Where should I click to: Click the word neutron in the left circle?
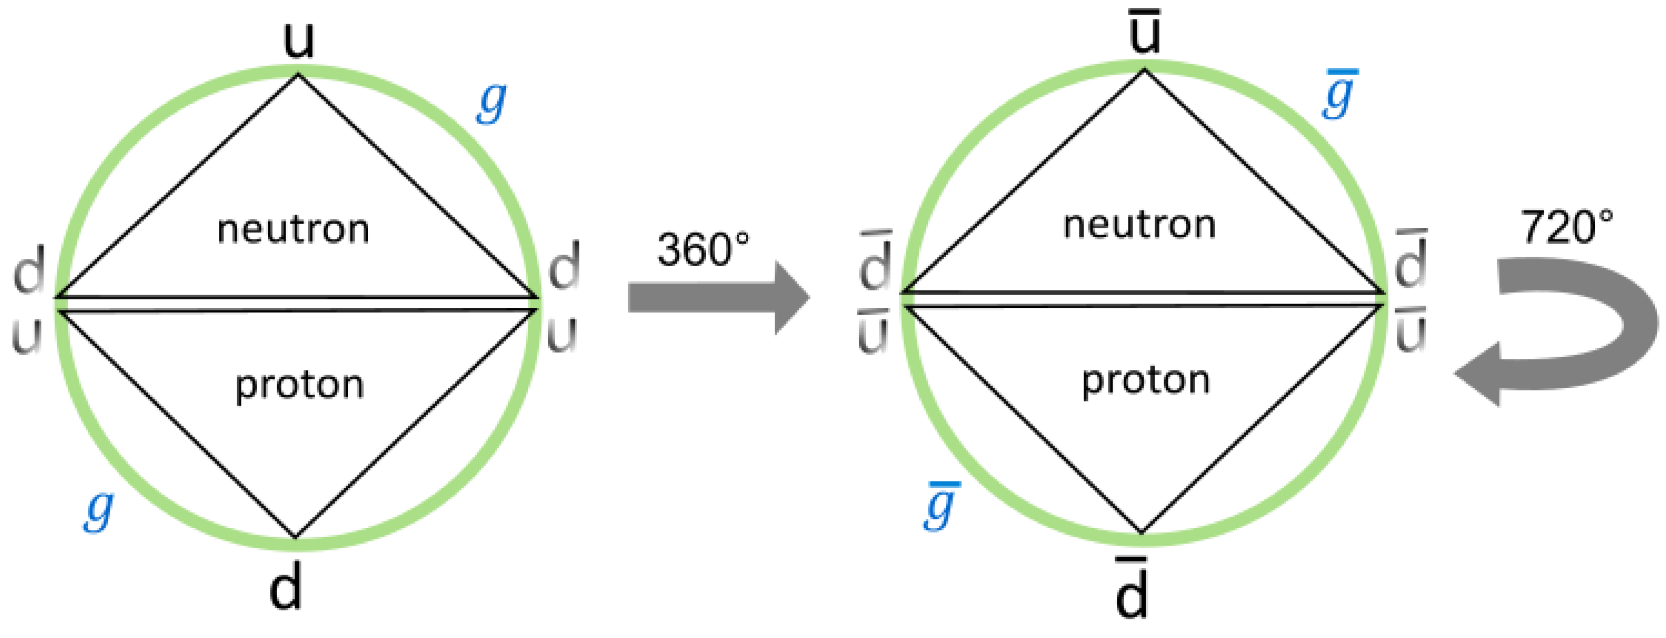[293, 230]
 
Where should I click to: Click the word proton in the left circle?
[299, 385]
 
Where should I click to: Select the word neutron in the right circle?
[1140, 225]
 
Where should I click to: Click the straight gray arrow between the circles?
[718, 298]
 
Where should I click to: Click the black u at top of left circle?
[299, 40]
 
